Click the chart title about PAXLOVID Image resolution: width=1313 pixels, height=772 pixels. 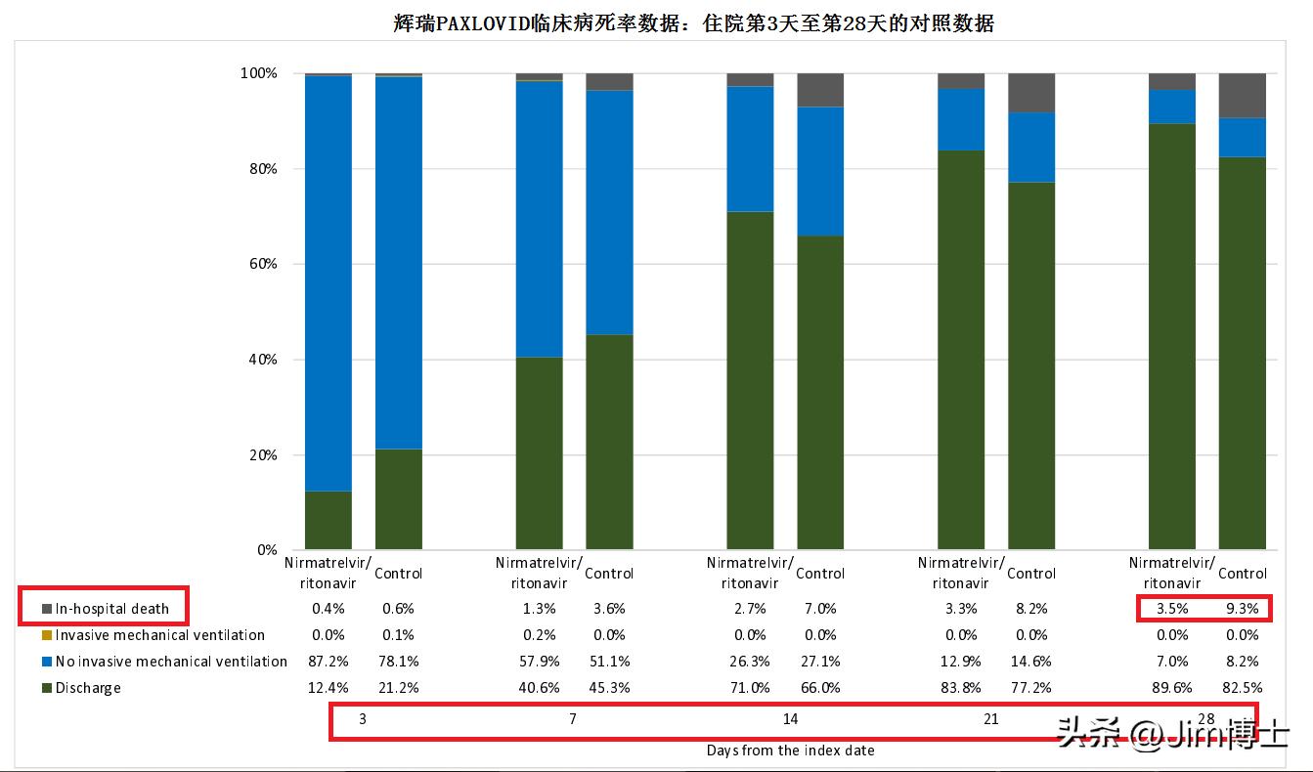693,23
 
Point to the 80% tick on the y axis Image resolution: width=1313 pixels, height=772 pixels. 258,169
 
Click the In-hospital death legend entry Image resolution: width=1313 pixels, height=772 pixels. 111,609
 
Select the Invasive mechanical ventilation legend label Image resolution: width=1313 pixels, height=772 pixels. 159,635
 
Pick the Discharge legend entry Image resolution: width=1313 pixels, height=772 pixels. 88,688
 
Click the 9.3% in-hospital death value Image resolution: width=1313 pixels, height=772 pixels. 1242,609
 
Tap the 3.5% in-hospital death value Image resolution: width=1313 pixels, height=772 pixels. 1171,609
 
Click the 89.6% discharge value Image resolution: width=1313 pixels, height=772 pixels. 1171,688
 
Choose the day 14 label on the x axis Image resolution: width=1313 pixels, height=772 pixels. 790,720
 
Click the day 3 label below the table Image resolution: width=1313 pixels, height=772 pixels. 363,720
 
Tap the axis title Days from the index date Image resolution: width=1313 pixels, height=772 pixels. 790,751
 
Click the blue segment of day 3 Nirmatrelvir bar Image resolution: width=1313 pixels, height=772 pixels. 328,283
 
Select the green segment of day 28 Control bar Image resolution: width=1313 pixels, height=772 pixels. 1242,352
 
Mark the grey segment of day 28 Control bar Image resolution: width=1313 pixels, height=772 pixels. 1242,96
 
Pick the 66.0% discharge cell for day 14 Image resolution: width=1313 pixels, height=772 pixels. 819,688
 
